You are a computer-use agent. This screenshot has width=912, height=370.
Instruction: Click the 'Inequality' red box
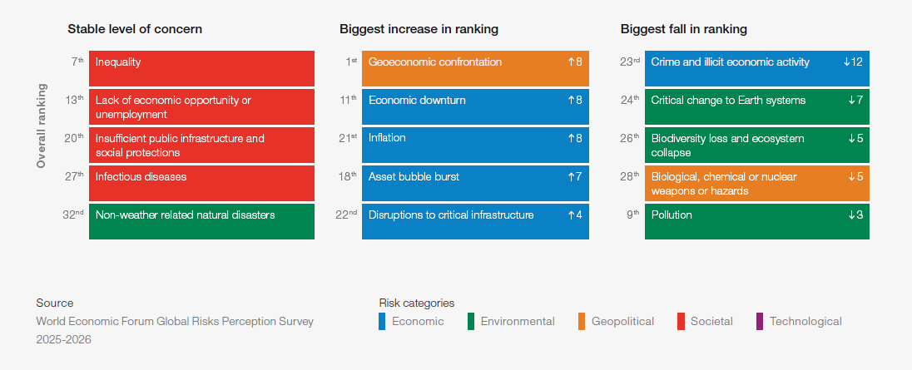pos(201,68)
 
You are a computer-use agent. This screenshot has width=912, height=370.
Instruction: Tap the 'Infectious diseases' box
pos(201,183)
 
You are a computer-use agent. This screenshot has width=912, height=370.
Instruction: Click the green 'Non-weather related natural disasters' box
pos(201,221)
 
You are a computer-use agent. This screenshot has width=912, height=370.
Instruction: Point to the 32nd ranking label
pos(74,215)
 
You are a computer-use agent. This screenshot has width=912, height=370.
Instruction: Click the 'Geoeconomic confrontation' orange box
pos(475,68)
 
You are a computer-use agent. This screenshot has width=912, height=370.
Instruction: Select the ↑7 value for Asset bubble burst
pos(574,177)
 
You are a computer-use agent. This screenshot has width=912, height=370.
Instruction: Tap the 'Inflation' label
pos(387,138)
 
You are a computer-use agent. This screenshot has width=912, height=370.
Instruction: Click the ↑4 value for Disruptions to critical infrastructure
pos(574,215)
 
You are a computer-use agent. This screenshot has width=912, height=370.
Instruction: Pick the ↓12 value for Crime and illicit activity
pos(853,62)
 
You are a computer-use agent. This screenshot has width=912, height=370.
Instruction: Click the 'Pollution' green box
pos(756,221)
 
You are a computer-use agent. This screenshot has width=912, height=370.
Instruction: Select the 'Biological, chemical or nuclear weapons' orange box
pos(756,183)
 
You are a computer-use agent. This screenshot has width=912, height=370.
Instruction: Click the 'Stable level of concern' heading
pos(135,29)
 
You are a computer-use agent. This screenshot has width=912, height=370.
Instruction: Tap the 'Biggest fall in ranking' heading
pos(683,29)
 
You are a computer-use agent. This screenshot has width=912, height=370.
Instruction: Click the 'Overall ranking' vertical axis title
pos(42,126)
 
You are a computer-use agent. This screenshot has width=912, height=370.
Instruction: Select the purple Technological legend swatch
pos(759,321)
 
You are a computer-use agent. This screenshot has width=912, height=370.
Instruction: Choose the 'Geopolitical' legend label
pos(622,321)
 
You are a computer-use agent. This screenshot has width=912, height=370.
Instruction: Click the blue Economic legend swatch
pos(382,321)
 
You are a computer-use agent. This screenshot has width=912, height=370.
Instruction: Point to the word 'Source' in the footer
pos(55,303)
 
